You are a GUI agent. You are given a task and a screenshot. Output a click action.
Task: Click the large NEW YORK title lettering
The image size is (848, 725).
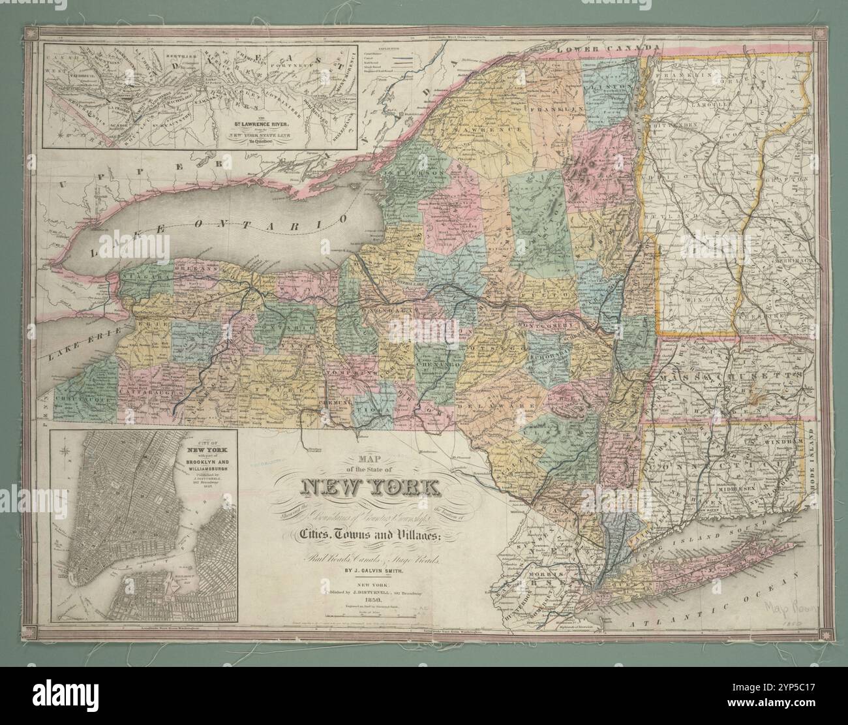click(370, 487)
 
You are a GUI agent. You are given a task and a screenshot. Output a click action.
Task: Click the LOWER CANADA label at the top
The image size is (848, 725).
click(603, 50)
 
